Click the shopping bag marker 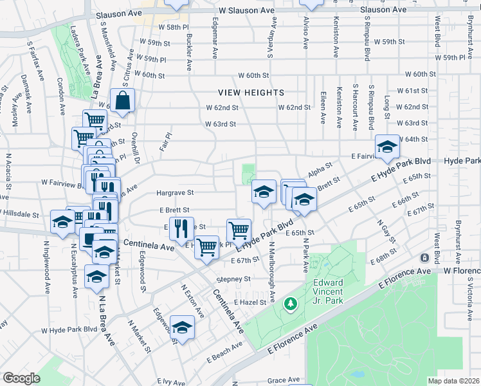pyautogui.click(x=122, y=101)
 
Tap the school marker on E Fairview pyautogui.click(x=387, y=147)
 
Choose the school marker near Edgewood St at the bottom pyautogui.click(x=183, y=328)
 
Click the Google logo pyautogui.click(x=22, y=378)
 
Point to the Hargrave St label pyautogui.click(x=176, y=192)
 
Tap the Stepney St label pyautogui.click(x=233, y=279)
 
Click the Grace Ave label pyautogui.click(x=284, y=380)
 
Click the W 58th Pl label pyautogui.click(x=175, y=28)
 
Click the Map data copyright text pyautogui.click(x=453, y=381)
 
